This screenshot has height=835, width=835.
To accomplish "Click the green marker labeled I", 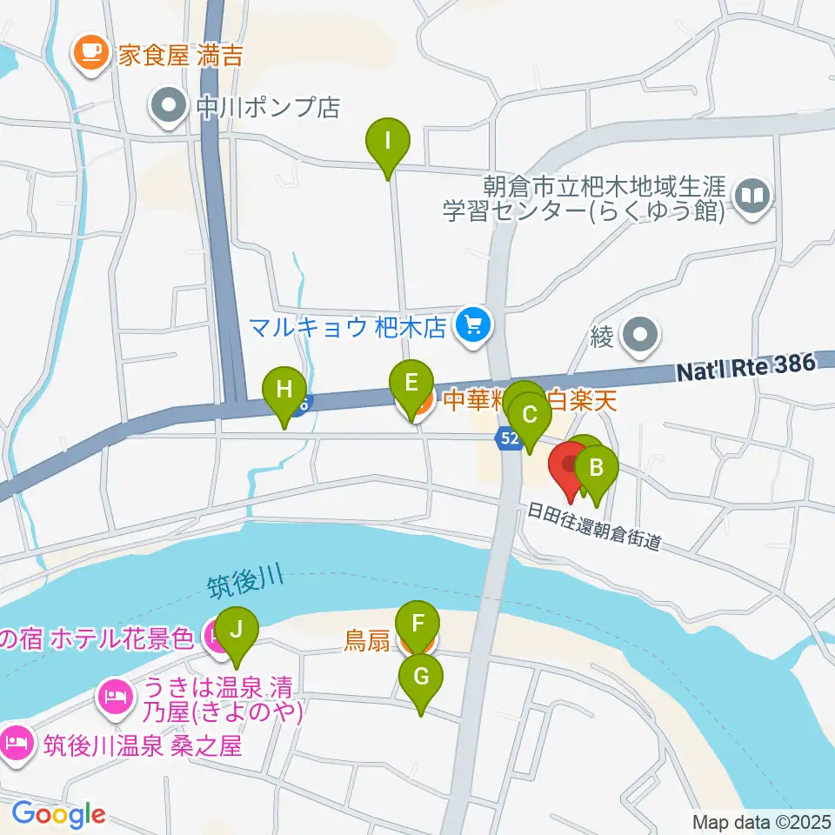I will click(388, 140).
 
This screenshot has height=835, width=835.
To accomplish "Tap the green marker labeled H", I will click(284, 390).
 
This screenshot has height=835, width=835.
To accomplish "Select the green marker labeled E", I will click(411, 384).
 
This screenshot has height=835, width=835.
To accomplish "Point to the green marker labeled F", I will click(417, 625).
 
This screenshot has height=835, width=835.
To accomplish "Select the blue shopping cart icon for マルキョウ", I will click(473, 327).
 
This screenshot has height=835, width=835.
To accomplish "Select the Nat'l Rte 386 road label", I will click(746, 370).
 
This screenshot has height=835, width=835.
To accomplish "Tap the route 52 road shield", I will click(510, 438).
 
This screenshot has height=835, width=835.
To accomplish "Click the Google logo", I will click(58, 814).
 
